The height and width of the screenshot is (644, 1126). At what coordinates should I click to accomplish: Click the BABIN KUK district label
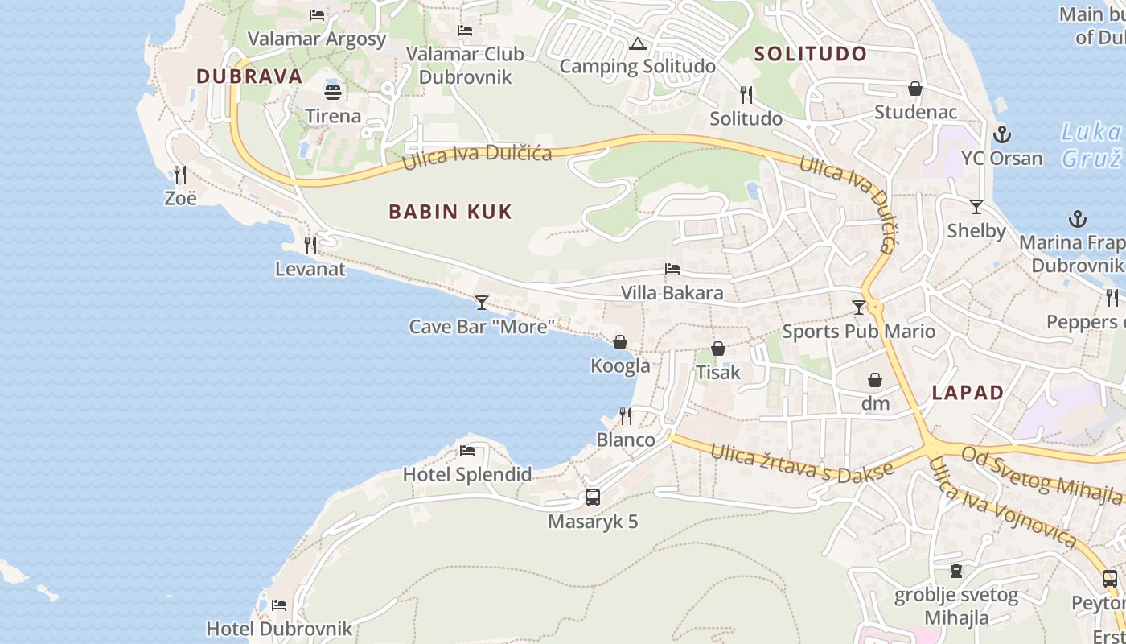pos(450,212)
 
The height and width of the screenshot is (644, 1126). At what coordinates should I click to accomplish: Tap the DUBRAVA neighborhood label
pos(249,76)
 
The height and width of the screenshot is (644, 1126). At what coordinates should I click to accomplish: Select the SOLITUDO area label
pos(811,54)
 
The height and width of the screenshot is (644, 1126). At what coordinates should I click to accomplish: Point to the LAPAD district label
pos(968,393)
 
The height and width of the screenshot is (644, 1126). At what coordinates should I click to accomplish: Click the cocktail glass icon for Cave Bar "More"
pos(482,303)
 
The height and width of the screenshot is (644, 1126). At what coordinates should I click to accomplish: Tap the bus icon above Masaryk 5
pos(593,497)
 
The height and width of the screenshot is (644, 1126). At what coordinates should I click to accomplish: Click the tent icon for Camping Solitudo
pos(638,43)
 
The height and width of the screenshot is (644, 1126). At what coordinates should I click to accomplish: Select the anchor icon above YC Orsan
pos(1001,134)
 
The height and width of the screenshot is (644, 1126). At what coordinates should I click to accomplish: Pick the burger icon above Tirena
pos(333,92)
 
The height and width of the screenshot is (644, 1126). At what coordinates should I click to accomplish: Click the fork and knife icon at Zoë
pos(180,174)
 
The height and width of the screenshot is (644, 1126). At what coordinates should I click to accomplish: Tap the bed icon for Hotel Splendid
pos(467,451)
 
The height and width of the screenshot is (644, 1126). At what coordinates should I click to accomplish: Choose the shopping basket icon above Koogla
pos(620,343)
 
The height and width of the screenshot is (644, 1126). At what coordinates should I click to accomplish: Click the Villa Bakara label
pos(672,293)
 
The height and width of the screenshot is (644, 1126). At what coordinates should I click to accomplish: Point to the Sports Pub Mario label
pos(859,331)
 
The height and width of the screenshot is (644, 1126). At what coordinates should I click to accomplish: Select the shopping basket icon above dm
pos(875,380)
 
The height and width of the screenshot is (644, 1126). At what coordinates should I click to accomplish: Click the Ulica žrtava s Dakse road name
pos(801,461)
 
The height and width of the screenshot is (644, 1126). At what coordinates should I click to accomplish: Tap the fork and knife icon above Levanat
pos(310,246)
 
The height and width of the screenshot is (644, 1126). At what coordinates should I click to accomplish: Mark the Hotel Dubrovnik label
pos(279,628)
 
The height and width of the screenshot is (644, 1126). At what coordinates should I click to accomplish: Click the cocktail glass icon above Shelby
pos(976,207)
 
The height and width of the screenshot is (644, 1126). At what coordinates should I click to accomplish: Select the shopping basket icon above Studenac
pos(915,89)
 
